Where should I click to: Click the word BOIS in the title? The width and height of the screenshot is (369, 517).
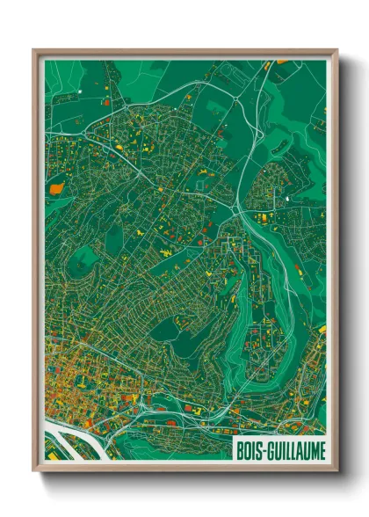point(249,449)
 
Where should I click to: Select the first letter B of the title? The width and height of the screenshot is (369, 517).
point(239,449)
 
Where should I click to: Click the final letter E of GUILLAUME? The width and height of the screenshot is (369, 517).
point(322,449)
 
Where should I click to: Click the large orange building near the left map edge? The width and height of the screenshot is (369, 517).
point(57,187)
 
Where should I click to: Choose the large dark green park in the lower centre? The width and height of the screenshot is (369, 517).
point(167,330)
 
